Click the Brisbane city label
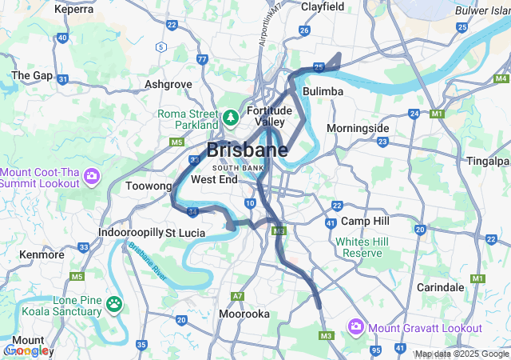(x=248, y=150)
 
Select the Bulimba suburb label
(x=323, y=92)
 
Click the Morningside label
(x=358, y=128)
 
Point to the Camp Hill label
(x=363, y=221)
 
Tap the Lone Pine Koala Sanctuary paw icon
(x=115, y=304)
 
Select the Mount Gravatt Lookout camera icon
(x=355, y=327)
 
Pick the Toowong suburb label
(x=149, y=186)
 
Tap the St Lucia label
(x=185, y=233)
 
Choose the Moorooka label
(x=244, y=314)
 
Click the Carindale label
(x=440, y=287)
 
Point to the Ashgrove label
(x=168, y=83)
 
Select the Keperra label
(x=73, y=10)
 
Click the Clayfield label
(x=323, y=7)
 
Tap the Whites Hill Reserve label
(x=358, y=247)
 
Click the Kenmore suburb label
(x=42, y=254)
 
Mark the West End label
(x=213, y=179)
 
